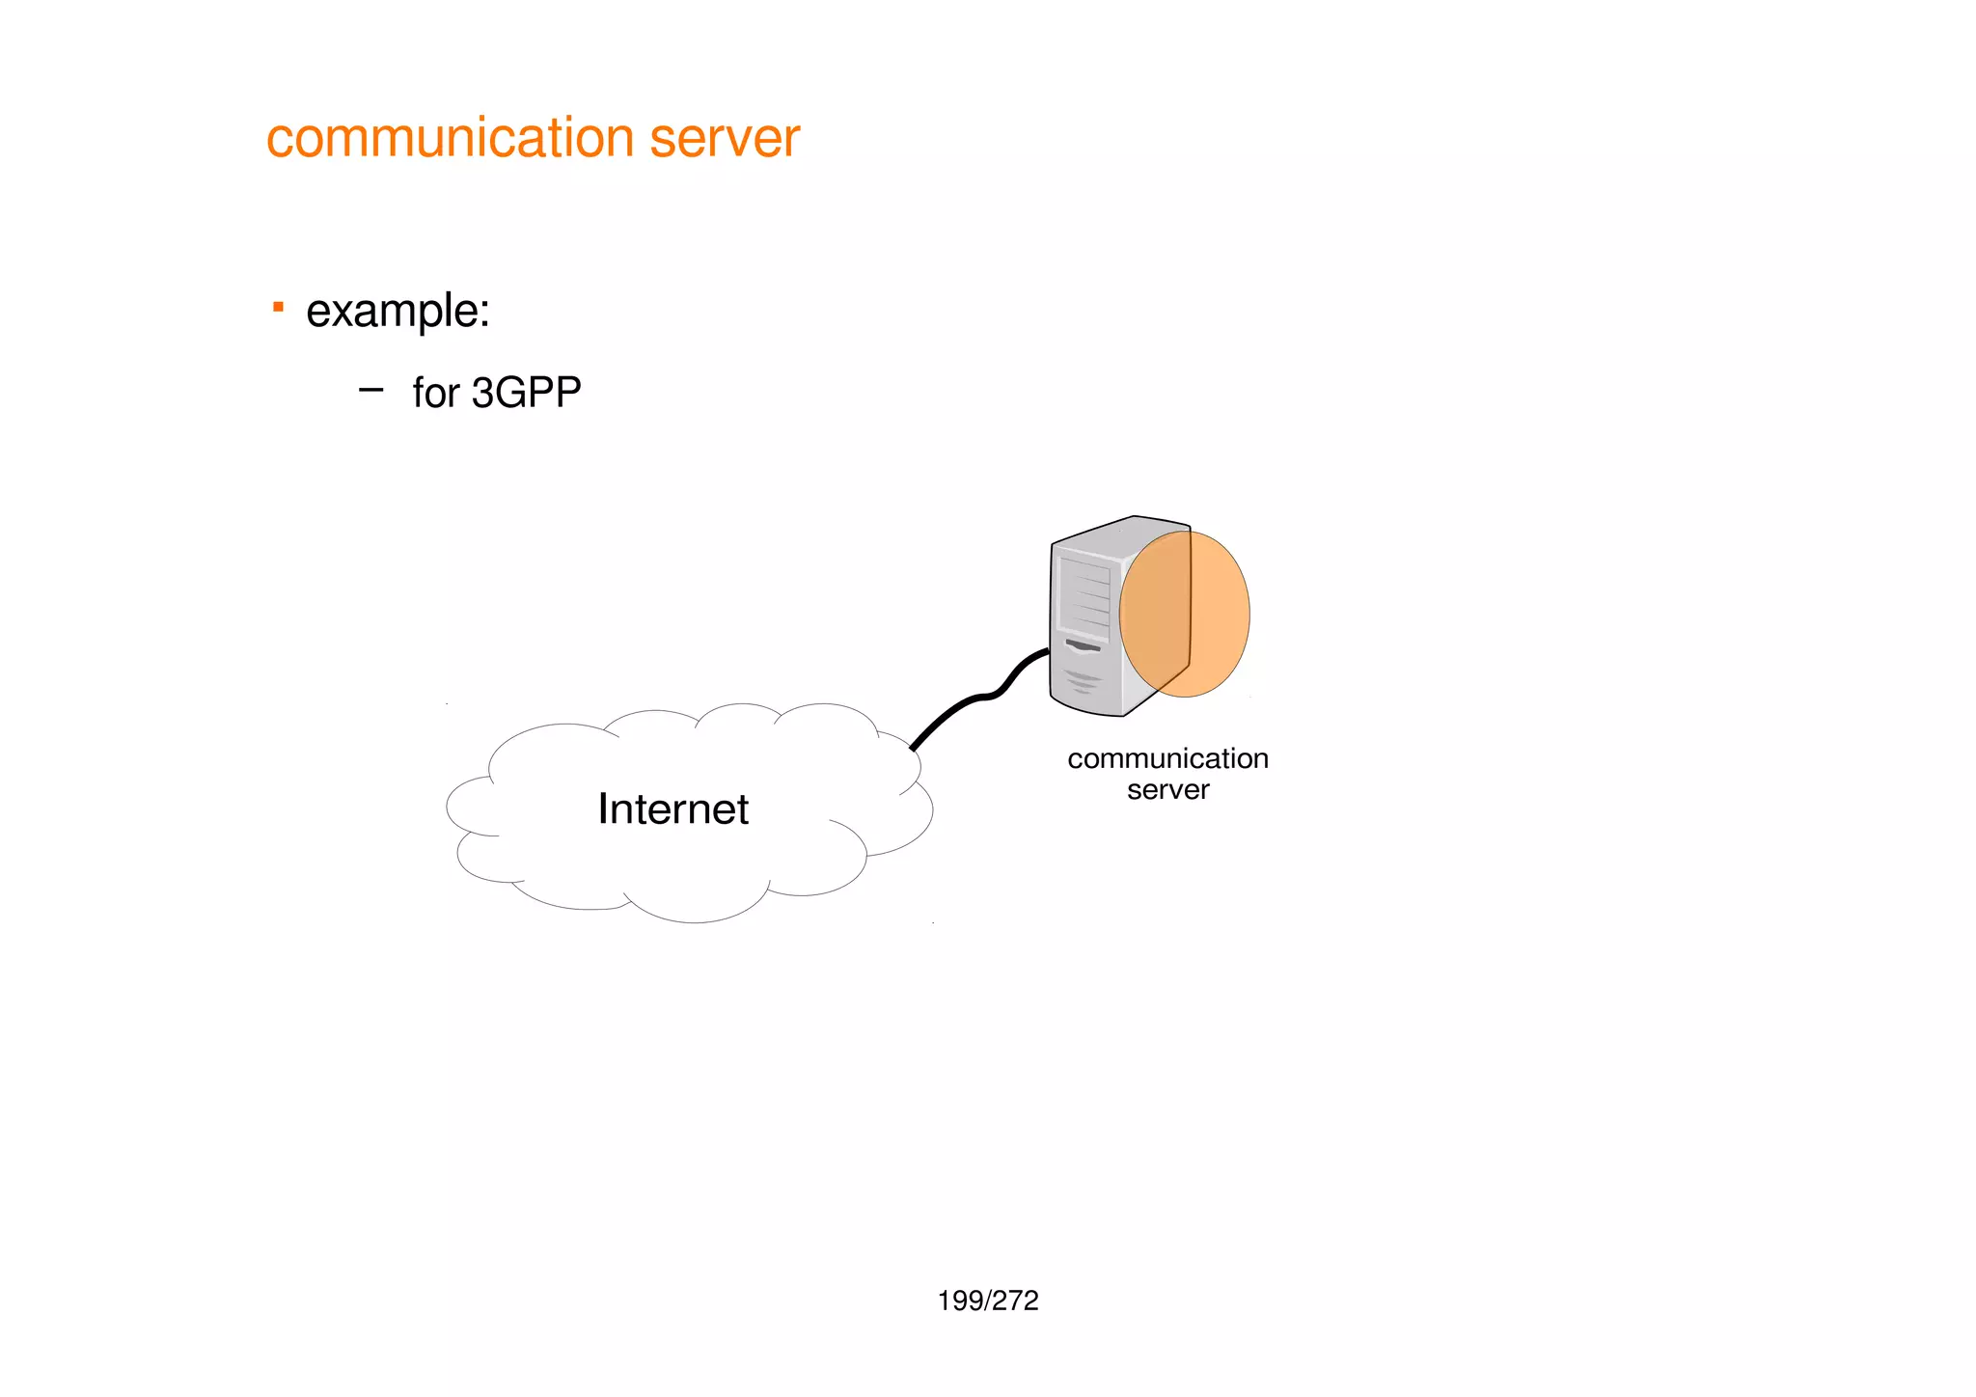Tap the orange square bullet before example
tap(278, 308)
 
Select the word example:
tap(398, 312)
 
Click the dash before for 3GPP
tap(370, 391)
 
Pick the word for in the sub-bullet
tap(435, 393)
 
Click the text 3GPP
tap(526, 393)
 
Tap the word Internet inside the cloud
tap(672, 808)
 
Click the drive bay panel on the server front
tap(1084, 592)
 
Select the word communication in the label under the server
tap(1167, 758)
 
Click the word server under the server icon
tap(1167, 790)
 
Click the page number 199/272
tap(988, 1301)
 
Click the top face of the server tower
tap(1119, 534)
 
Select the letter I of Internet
tap(602, 808)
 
